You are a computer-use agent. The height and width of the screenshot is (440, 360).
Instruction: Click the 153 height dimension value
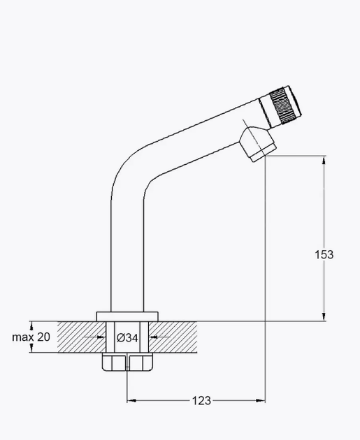click(x=324, y=254)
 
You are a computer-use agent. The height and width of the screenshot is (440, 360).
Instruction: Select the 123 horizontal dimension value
click(x=201, y=400)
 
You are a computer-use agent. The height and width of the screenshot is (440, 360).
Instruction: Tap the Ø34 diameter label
click(x=127, y=337)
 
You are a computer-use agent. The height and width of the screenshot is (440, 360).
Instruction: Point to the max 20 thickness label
click(x=31, y=337)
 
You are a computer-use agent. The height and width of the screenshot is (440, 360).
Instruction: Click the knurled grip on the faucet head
click(x=282, y=105)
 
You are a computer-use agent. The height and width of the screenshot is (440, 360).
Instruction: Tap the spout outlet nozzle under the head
click(x=258, y=145)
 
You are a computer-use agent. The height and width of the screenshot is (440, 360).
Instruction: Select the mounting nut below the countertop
click(x=127, y=362)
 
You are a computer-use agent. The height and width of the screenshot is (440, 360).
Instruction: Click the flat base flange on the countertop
click(x=127, y=316)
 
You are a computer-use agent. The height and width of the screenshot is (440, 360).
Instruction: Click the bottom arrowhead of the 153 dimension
click(x=324, y=316)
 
